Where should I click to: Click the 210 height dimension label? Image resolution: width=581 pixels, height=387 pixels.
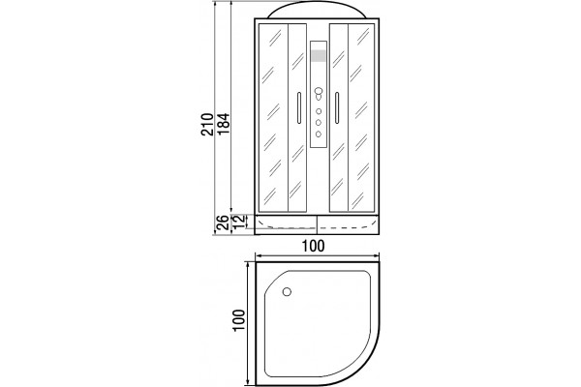click(x=207, y=125)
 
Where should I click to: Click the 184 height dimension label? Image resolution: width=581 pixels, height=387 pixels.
click(x=223, y=125)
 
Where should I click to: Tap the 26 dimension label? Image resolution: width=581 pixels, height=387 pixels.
click(x=223, y=223)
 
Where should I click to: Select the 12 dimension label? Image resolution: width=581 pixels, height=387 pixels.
click(x=239, y=222)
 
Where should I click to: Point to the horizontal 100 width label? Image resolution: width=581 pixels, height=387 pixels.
click(x=313, y=246)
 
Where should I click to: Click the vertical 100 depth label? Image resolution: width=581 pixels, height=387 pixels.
click(x=239, y=320)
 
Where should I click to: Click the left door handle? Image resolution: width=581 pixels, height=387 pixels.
click(x=299, y=107)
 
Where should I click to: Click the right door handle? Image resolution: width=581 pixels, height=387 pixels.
click(x=337, y=107)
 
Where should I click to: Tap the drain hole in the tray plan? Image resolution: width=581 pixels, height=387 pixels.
click(x=287, y=292)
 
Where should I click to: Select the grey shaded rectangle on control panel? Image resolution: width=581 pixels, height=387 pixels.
click(x=319, y=55)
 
